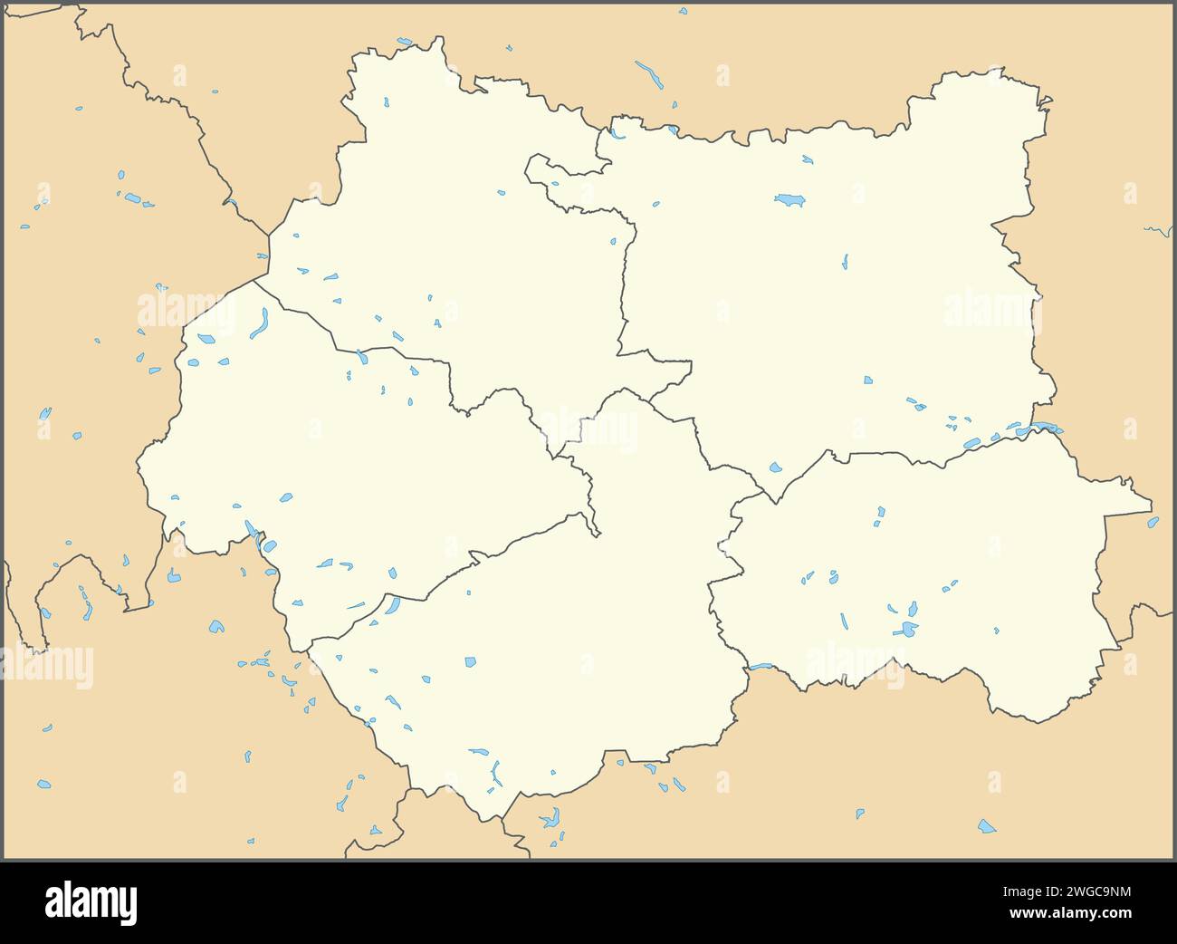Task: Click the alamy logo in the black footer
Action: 91,902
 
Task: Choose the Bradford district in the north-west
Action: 453,226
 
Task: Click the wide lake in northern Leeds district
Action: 789,199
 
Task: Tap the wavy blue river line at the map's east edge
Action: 1157,231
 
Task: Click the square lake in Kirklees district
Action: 470,662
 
